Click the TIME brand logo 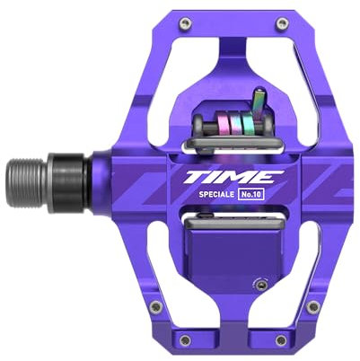point(233,177)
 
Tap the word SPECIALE point(216,194)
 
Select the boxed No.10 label point(251,194)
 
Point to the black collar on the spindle point(69,183)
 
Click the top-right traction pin point(281,23)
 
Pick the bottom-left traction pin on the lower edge point(186,339)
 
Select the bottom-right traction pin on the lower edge point(281,339)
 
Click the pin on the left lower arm point(155,306)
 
